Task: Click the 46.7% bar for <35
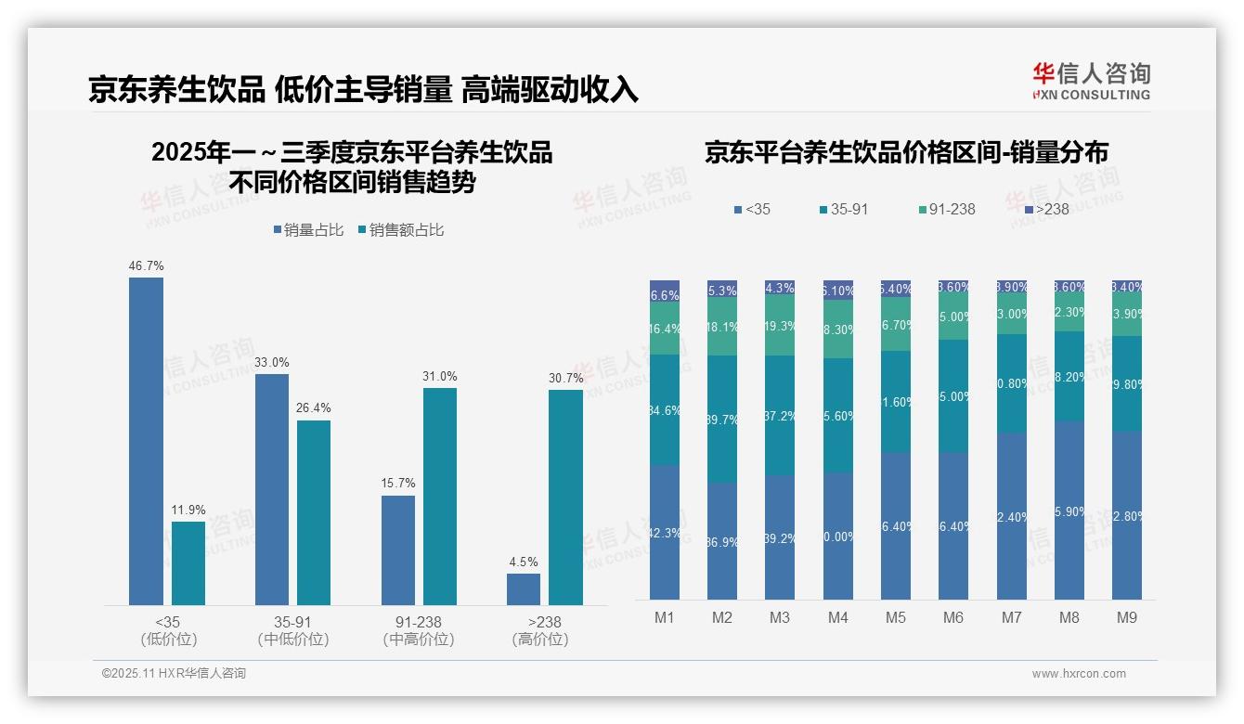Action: [x=146, y=441]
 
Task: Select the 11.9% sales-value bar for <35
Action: [x=188, y=563]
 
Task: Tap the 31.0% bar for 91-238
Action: [x=440, y=497]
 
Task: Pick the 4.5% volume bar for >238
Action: [x=524, y=589]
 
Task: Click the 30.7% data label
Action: [x=566, y=378]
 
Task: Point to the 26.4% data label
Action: [x=314, y=408]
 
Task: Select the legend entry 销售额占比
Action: [x=400, y=230]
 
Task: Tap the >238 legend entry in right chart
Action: [x=1045, y=210]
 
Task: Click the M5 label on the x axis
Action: [x=895, y=618]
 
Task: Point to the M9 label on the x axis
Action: [x=1126, y=618]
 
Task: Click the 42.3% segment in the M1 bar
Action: [x=665, y=532]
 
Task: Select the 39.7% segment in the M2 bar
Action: [x=722, y=419]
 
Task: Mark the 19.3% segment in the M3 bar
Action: [x=780, y=326]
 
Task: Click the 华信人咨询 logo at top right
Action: [x=1092, y=81]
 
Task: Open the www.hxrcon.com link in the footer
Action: [x=1078, y=674]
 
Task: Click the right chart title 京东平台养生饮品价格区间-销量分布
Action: [x=906, y=153]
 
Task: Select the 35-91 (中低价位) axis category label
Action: [x=293, y=630]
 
